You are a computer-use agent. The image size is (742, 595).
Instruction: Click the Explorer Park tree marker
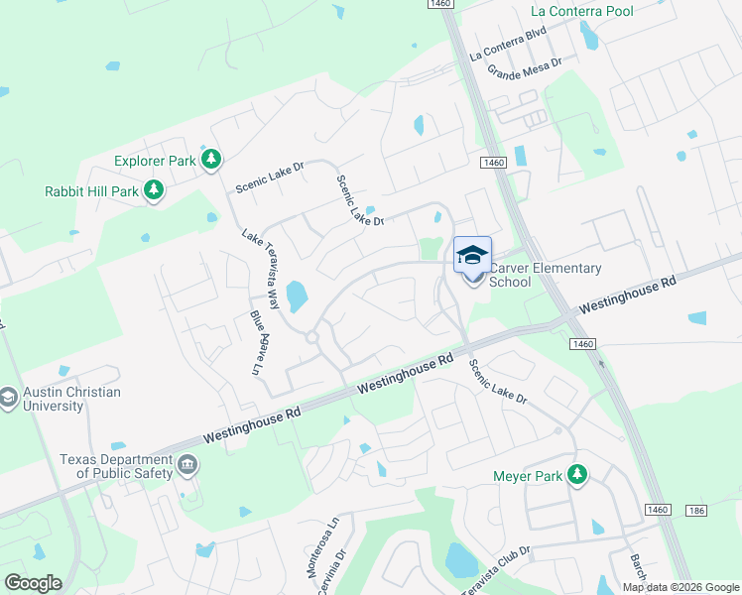pyautogui.click(x=210, y=160)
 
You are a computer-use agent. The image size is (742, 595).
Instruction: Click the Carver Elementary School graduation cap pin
pyautogui.click(x=473, y=256)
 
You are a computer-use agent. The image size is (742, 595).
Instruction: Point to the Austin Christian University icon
pyautogui.click(x=8, y=399)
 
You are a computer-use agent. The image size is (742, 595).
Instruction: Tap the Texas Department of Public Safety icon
pyautogui.click(x=186, y=465)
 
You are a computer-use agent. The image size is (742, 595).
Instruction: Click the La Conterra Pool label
pyautogui.click(x=582, y=11)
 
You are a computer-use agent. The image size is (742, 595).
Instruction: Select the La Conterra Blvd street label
pyautogui.click(x=509, y=46)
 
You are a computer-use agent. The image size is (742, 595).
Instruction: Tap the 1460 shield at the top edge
pyautogui.click(x=441, y=5)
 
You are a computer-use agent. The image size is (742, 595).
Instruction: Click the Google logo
pyautogui.click(x=33, y=583)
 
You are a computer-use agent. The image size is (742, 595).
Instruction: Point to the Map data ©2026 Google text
pyautogui.click(x=680, y=587)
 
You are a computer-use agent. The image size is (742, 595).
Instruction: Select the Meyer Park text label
pyautogui.click(x=528, y=476)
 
